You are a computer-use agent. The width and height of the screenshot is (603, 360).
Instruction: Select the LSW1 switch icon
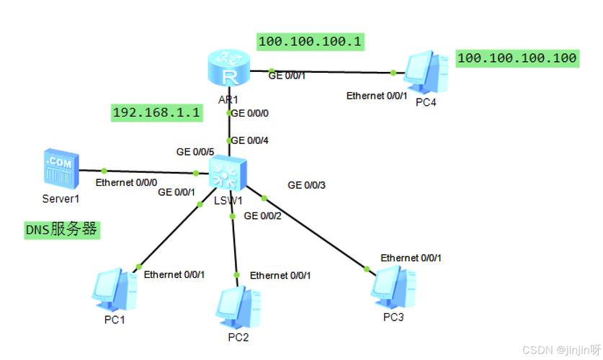229,174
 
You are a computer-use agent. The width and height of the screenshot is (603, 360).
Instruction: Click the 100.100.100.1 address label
310,42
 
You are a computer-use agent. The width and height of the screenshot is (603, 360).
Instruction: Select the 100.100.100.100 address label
517,58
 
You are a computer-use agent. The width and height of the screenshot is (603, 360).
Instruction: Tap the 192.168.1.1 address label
156,112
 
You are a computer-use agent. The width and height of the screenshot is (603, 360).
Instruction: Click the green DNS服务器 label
61,230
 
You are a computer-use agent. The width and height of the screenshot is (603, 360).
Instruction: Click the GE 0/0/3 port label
307,185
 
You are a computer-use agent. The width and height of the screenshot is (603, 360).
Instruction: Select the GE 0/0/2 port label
264,215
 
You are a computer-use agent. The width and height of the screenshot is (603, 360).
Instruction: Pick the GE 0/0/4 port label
249,140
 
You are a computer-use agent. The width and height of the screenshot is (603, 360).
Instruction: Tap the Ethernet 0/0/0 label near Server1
127,182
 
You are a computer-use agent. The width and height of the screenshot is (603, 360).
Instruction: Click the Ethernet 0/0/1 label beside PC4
377,95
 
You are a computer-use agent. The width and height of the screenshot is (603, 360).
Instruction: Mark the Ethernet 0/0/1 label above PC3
411,257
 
